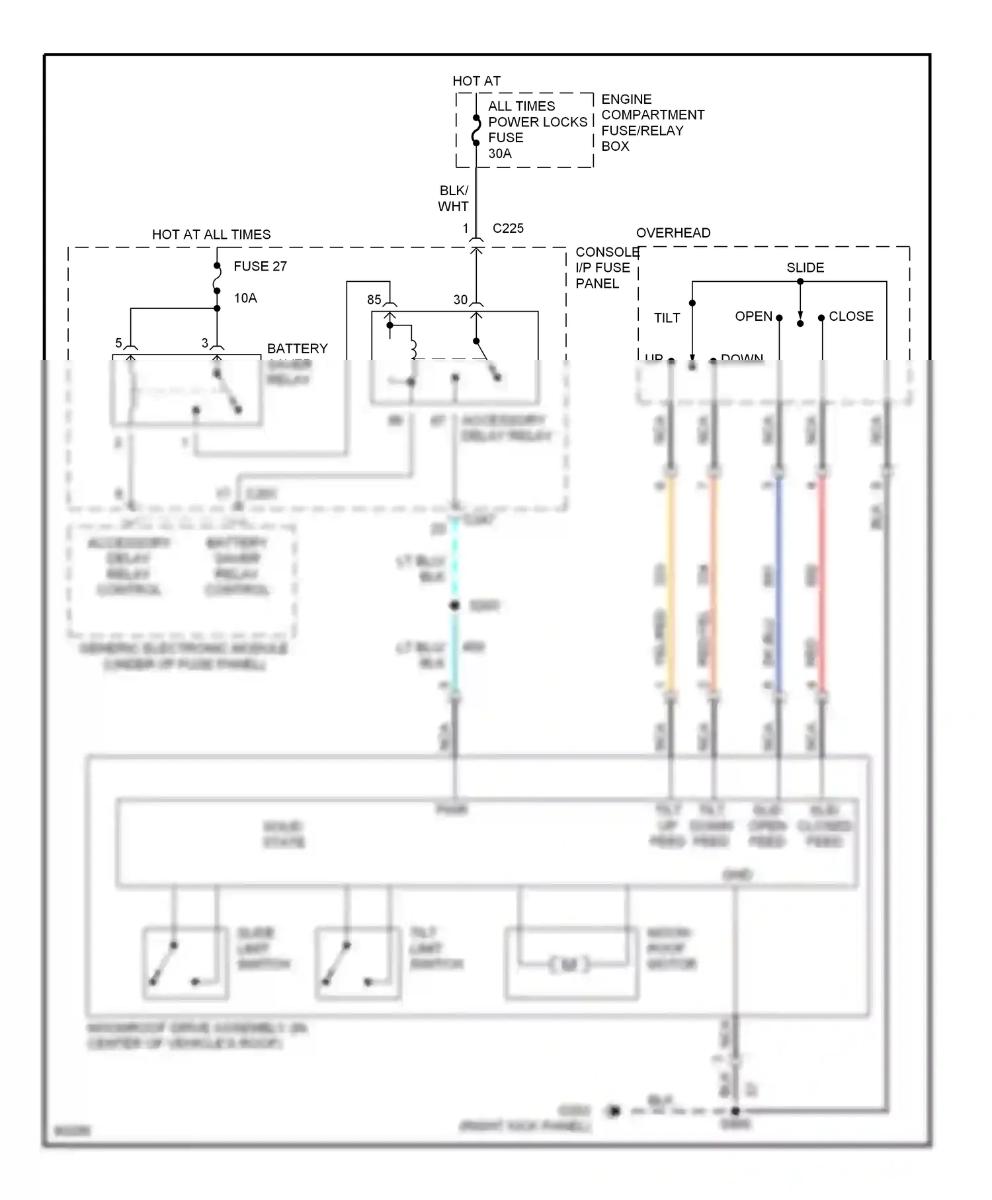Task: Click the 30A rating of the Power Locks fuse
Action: click(x=499, y=153)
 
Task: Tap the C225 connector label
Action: click(x=508, y=228)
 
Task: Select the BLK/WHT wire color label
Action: click(x=453, y=198)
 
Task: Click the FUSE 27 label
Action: click(x=260, y=267)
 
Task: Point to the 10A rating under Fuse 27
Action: click(x=245, y=298)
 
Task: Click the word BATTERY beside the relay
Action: click(x=297, y=349)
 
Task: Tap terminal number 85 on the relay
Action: click(x=374, y=300)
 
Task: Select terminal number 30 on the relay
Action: click(x=460, y=300)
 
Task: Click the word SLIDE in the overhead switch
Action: click(x=805, y=268)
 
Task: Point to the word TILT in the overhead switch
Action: click(x=667, y=318)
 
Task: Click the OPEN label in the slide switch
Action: click(x=753, y=316)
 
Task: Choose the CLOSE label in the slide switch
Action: click(x=850, y=316)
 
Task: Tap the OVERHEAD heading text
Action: click(x=673, y=233)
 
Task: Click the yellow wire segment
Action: click(x=671, y=582)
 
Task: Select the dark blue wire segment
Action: click(x=779, y=582)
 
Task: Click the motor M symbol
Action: click(x=569, y=965)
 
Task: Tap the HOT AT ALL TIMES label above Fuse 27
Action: click(x=211, y=235)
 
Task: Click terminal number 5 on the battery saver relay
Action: click(x=118, y=343)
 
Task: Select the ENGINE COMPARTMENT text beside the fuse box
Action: click(x=652, y=107)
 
